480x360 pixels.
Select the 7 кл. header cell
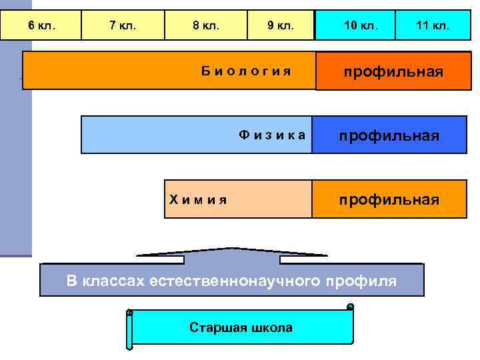pos(123,25)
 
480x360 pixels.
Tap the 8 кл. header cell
pos(206,25)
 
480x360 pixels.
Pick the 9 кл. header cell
pos(281,25)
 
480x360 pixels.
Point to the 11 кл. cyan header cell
pos(432,25)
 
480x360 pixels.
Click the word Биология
pos(247,71)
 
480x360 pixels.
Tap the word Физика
pos(273,135)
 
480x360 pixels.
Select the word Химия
pos(198,199)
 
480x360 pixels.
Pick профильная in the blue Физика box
pos(389,136)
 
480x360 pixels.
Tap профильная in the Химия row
pos(389,199)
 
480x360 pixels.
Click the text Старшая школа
pos(241,327)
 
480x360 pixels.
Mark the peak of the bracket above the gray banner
pos(231,249)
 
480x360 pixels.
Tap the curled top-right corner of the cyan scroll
pos(350,307)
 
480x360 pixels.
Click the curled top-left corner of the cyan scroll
pos(129,312)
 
